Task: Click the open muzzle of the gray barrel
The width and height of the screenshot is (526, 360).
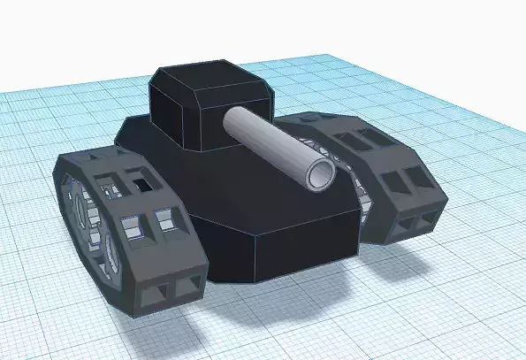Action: (320, 173)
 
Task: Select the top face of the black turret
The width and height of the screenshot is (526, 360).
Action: (209, 77)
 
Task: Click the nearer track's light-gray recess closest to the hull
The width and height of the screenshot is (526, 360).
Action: (164, 218)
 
